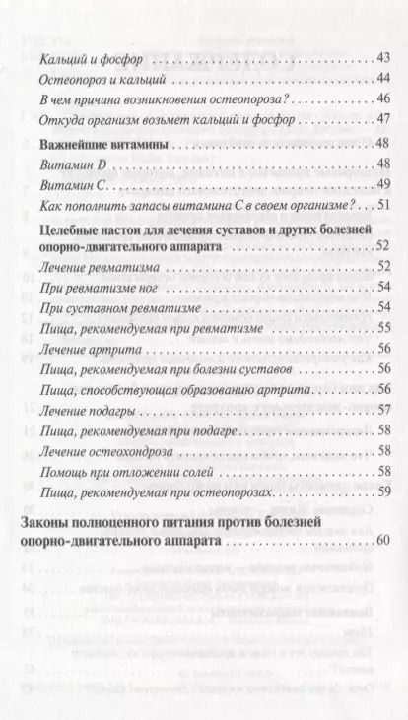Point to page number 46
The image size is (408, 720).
tap(384, 99)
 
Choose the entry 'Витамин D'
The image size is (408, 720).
tap(67, 164)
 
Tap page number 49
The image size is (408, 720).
tap(384, 184)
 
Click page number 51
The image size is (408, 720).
tap(384, 205)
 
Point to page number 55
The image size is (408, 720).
tap(384, 328)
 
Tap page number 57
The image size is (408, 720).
tap(384, 410)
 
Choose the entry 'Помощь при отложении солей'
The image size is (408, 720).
tap(116, 471)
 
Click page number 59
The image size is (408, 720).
tap(384, 491)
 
